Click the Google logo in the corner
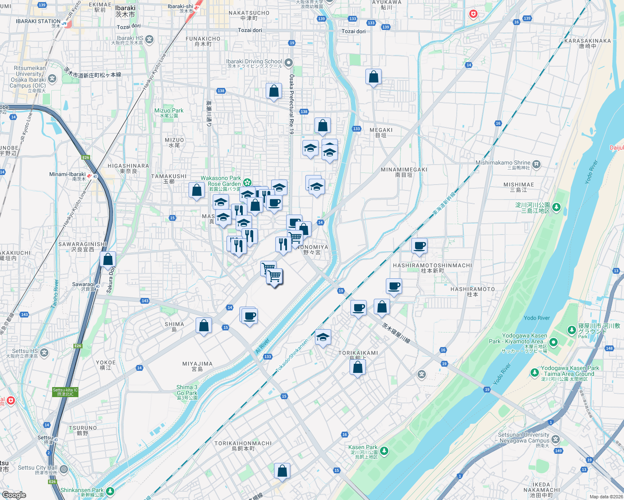[14, 495]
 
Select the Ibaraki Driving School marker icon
[288, 63]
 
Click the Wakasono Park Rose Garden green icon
[247, 182]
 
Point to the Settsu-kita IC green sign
[65, 392]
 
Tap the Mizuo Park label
[169, 111]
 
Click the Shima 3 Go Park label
[187, 390]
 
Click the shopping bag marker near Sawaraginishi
[108, 259]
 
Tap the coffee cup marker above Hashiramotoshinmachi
[419, 245]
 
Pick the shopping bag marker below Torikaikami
[357, 367]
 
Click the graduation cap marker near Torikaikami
[322, 337]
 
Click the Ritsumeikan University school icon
[52, 78]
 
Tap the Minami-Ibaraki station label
[67, 175]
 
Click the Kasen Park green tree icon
[384, 451]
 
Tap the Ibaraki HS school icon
[150, 40]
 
